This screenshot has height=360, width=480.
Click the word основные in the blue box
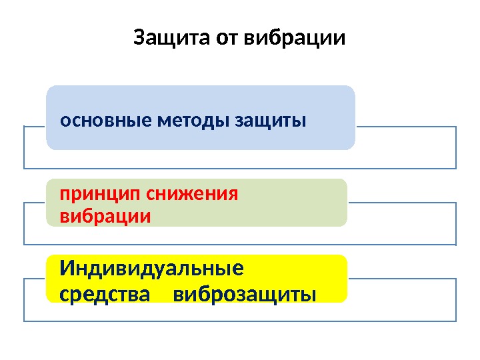click(105, 121)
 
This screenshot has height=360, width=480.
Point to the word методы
click(191, 121)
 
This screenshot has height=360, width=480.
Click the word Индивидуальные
click(152, 269)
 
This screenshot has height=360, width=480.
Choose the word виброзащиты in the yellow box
click(245, 293)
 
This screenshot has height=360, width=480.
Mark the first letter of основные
click(64, 122)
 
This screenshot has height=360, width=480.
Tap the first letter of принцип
click(65, 195)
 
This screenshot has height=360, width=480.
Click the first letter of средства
click(64, 294)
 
